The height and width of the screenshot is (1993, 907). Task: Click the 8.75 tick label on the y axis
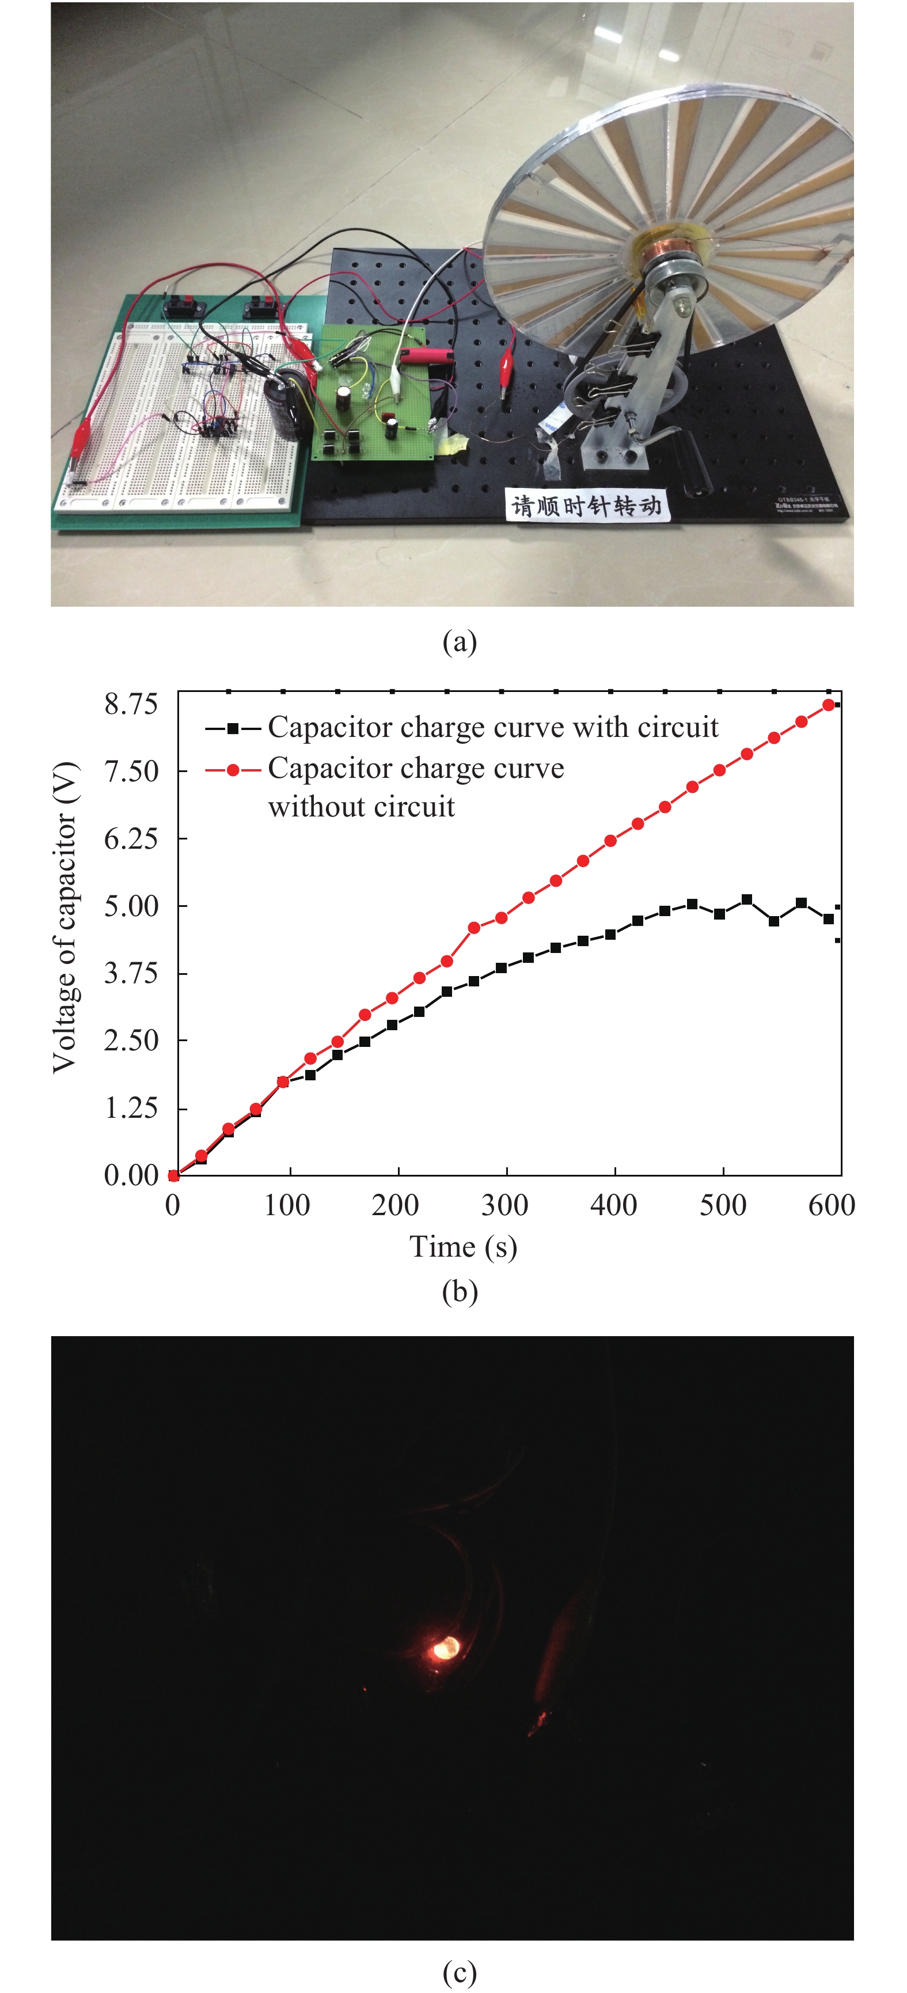pos(131,704)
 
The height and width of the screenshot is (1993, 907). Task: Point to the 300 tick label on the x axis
pos(505,1205)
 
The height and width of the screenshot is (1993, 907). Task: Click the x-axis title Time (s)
pos(462,1246)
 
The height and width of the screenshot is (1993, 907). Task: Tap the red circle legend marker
pos(232,770)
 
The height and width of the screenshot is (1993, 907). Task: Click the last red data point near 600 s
pos(829,705)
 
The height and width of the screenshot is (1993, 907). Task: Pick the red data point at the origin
pos(174,1175)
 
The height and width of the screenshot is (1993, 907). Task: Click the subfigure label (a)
pos(460,641)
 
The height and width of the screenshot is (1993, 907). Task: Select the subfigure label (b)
pos(460,1291)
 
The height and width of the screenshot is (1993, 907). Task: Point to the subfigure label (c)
pos(460,1972)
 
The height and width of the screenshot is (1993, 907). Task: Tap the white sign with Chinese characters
pos(586,505)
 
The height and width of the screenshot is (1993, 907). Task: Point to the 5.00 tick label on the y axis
pos(131,906)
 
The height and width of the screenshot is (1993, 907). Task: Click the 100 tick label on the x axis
pos(287,1205)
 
